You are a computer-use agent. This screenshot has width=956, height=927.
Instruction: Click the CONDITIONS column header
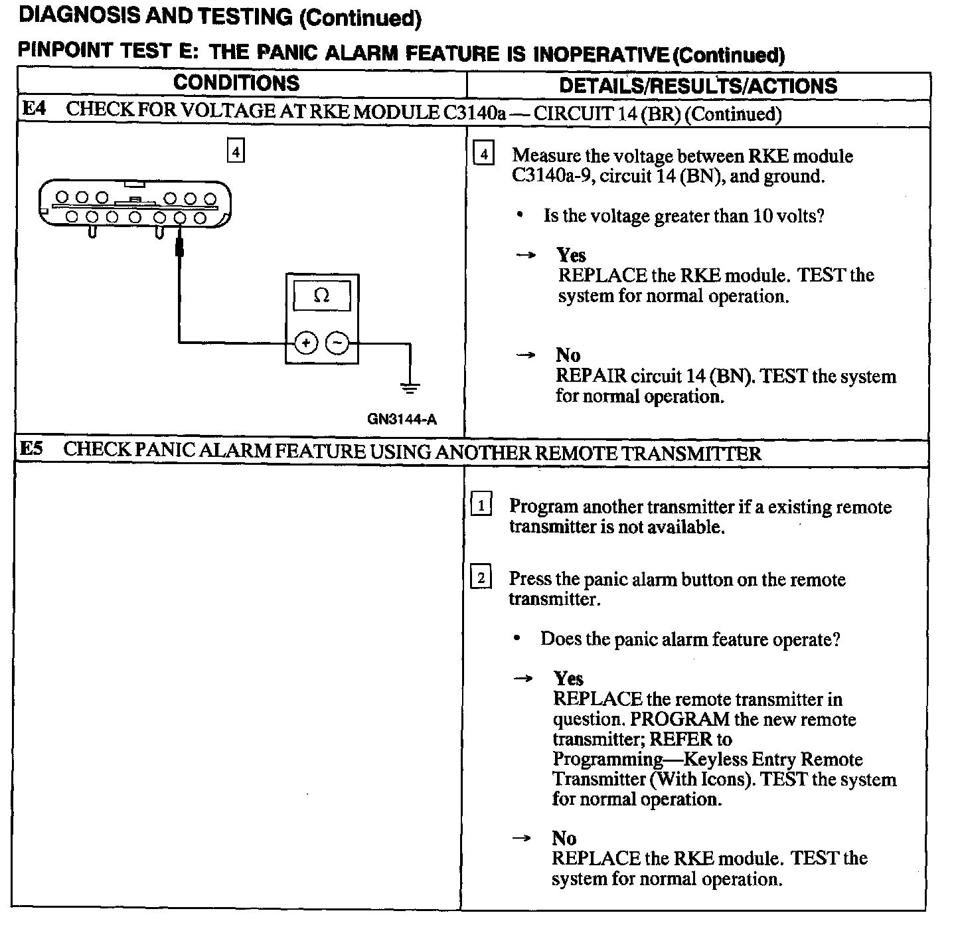pyautogui.click(x=236, y=83)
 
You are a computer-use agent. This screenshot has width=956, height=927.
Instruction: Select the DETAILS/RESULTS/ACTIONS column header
pyautogui.click(x=698, y=86)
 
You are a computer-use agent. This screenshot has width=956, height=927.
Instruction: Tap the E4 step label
pyautogui.click(x=34, y=109)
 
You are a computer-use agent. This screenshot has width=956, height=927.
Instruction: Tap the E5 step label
pyautogui.click(x=31, y=448)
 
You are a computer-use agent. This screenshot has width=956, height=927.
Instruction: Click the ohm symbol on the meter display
pyautogui.click(x=321, y=295)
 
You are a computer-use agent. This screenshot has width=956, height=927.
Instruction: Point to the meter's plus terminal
pyautogui.click(x=305, y=343)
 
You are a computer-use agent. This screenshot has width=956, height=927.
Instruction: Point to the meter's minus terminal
pyautogui.click(x=337, y=343)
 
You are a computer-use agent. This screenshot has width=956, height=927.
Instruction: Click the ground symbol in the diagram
pyautogui.click(x=410, y=386)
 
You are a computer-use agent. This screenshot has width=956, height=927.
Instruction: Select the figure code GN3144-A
pyautogui.click(x=402, y=420)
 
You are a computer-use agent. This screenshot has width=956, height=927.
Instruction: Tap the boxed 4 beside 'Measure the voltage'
pyautogui.click(x=483, y=155)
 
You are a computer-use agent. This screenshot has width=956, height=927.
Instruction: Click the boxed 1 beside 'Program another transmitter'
pyautogui.click(x=481, y=505)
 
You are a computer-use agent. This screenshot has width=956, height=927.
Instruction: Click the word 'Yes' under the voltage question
pyautogui.click(x=571, y=255)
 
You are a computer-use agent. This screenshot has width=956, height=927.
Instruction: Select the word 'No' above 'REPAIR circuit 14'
pyautogui.click(x=568, y=355)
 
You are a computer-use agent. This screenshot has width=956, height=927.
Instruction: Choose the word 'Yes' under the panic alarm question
pyautogui.click(x=568, y=678)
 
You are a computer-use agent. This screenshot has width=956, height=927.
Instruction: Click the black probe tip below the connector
pyautogui.click(x=179, y=249)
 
